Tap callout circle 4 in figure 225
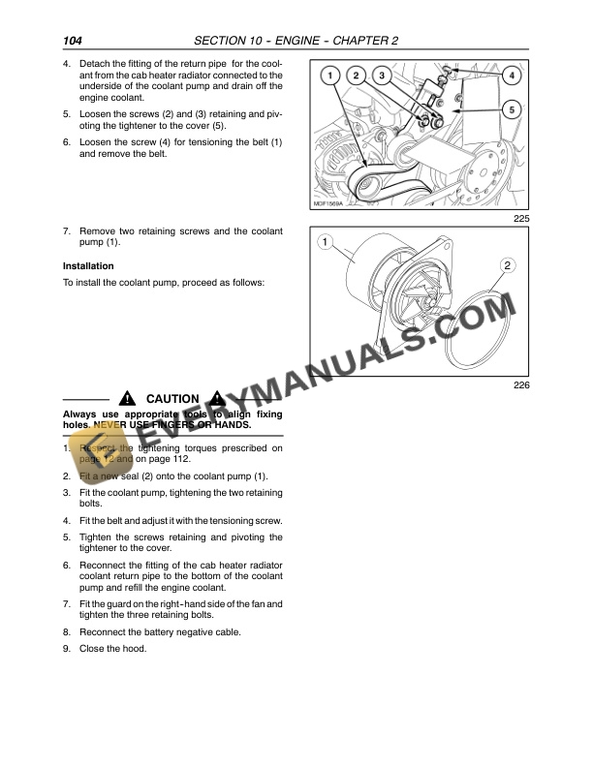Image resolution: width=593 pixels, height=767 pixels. click(512, 75)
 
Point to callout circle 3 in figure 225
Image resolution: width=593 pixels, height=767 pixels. click(382, 75)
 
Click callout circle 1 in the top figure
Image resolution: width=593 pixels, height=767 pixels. click(329, 75)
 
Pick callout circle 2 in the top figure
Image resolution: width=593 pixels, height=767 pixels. click(356, 75)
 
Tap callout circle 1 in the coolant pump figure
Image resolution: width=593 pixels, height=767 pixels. click(327, 241)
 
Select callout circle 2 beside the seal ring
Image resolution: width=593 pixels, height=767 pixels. click(508, 264)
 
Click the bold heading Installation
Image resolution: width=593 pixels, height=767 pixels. click(88, 266)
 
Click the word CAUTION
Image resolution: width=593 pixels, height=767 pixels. click(172, 399)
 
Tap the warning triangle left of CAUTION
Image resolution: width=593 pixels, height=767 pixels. click(127, 399)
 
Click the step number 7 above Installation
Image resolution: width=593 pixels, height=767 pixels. click(66, 231)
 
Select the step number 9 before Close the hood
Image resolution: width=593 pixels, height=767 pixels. click(66, 649)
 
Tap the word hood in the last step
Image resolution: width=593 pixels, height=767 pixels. click(135, 649)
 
